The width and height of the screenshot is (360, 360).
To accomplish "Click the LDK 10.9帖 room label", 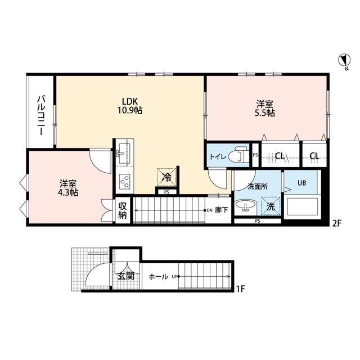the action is pyautogui.click(x=130, y=106).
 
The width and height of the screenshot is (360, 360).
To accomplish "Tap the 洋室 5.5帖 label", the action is pyautogui.click(x=265, y=109).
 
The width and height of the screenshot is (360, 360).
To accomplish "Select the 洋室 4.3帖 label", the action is pyautogui.click(x=68, y=188).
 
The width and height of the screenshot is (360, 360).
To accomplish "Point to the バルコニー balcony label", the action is pyautogui.click(x=41, y=115).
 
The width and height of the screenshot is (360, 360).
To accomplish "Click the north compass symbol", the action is pyautogui.click(x=344, y=60).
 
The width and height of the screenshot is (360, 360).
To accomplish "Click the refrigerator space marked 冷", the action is pyautogui.click(x=166, y=177).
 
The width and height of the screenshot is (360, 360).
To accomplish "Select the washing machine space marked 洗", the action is pyautogui.click(x=271, y=206).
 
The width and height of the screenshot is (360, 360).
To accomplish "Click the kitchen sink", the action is pyautogui.click(x=123, y=153).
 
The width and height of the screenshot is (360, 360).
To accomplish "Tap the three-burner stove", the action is pyautogui.click(x=125, y=182).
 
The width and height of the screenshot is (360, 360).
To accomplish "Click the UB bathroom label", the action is pyautogui.click(x=301, y=183).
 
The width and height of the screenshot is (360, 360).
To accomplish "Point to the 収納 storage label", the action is pyautogui.click(x=123, y=210).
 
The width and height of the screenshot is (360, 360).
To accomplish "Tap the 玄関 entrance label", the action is pyautogui.click(x=126, y=276).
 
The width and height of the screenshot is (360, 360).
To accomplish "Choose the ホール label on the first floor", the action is pyautogui.click(x=158, y=276).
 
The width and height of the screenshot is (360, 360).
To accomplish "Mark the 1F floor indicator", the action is pyautogui.click(x=240, y=289).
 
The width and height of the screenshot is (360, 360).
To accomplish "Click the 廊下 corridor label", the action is pyautogui.click(x=221, y=210).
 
